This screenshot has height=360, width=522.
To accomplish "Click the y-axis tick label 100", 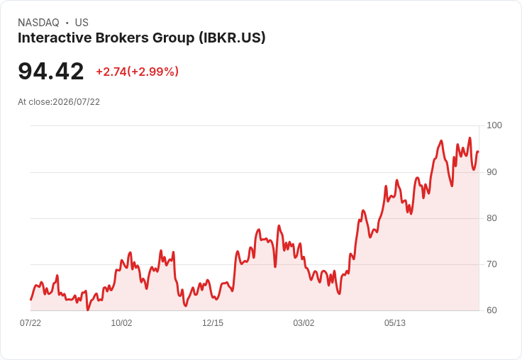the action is pos(494,125).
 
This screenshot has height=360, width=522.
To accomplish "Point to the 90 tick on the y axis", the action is pos(492,172).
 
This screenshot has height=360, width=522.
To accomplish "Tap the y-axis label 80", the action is pos(492,218).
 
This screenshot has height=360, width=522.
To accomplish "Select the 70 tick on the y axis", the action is pos(492,264).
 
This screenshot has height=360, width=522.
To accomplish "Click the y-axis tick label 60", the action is pos(492,310).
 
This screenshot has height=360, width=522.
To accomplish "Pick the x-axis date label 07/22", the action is pos(30,323).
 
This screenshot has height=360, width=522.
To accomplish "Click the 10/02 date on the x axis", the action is pos(121,323).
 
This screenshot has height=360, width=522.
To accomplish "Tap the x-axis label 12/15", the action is pos(213,323).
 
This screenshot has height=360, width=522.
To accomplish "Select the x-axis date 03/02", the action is pos(304,323).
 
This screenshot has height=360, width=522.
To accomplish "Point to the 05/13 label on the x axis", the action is pos(395,323).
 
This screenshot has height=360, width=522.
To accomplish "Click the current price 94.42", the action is pos(51,71).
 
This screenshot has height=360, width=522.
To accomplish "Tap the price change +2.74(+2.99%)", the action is pos(137,72).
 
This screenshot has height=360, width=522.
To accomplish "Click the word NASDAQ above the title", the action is pos(38,23).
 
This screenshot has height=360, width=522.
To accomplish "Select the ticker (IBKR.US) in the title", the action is pos(232,38).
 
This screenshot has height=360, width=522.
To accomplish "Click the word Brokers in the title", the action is pos(122,38).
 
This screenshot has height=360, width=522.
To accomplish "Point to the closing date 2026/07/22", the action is pos(76,102).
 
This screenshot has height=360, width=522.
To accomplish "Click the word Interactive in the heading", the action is pos(55,38).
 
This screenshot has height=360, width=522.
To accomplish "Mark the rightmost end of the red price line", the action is pos(479,152).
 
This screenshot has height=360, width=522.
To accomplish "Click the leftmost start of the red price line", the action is pos(31,300).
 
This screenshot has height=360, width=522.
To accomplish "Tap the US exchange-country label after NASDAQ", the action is pos(82,23).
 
